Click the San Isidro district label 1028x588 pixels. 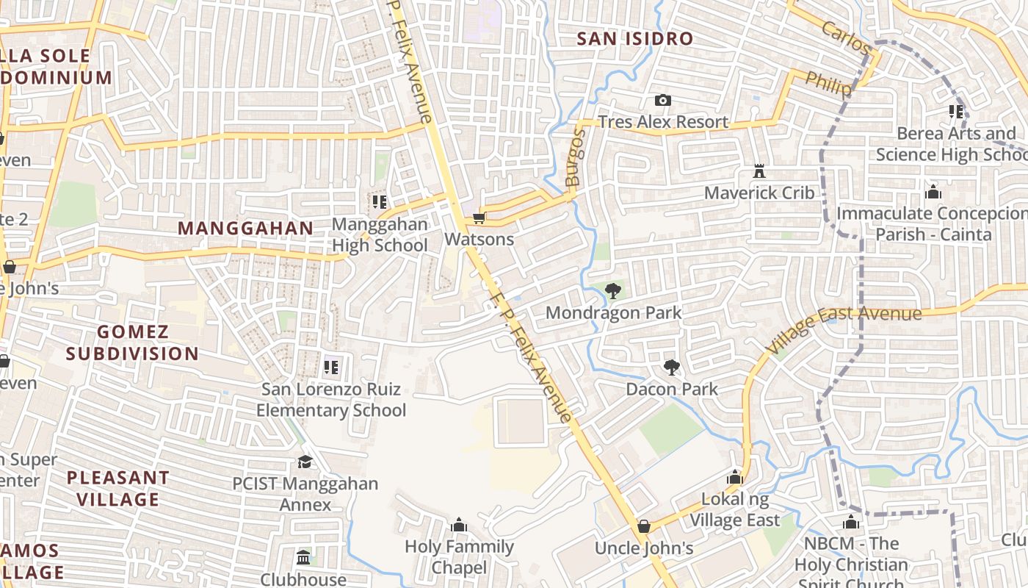click(x=634, y=39)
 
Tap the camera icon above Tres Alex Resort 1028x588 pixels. click(x=662, y=101)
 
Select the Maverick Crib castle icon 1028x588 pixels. click(x=759, y=171)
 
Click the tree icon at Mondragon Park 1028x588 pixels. click(x=613, y=292)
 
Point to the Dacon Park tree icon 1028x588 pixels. click(x=671, y=367)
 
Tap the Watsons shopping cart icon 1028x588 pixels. click(x=479, y=218)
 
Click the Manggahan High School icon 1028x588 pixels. click(x=380, y=201)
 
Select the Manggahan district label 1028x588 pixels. click(x=245, y=229)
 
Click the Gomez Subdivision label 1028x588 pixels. click(x=132, y=343)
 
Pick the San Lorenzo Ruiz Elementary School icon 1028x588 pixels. click(x=331, y=366)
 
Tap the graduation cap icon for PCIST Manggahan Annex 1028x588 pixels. click(x=305, y=462)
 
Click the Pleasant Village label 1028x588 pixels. click(x=117, y=489)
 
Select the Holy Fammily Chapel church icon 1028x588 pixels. click(x=459, y=525)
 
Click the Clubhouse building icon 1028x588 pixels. click(x=303, y=557)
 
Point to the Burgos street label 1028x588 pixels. click(x=575, y=157)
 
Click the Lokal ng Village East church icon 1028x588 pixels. click(x=734, y=478)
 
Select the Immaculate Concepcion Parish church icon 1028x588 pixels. click(x=933, y=193)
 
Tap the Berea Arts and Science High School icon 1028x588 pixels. click(x=955, y=112)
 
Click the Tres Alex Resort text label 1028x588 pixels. click(x=663, y=122)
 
